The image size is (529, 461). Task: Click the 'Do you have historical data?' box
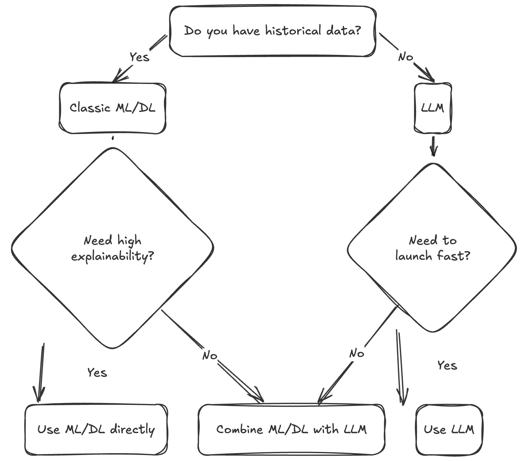(x=272, y=31)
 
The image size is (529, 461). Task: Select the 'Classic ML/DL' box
(x=113, y=108)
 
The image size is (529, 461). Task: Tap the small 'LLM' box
(x=433, y=108)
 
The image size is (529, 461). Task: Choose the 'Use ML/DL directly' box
(x=96, y=429)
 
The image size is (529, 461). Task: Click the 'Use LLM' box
(x=449, y=429)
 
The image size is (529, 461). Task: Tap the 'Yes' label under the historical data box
(x=140, y=57)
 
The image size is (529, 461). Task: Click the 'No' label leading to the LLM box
(x=405, y=57)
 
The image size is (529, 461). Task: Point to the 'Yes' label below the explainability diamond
(x=97, y=373)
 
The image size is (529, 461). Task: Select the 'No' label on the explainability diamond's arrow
(x=210, y=356)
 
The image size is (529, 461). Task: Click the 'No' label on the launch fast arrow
(x=357, y=354)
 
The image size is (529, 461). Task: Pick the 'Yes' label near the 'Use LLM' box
(x=447, y=365)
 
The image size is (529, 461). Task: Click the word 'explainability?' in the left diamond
(x=113, y=257)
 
